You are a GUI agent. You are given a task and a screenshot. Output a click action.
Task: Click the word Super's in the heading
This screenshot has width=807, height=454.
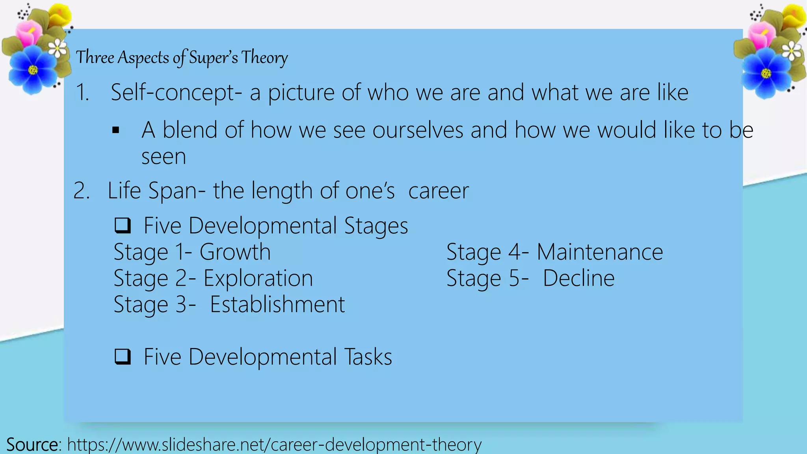(x=213, y=58)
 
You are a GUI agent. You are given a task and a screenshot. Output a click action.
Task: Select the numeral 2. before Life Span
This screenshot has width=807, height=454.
(x=82, y=191)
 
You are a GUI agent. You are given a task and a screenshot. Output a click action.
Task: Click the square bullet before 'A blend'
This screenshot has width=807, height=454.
(x=116, y=130)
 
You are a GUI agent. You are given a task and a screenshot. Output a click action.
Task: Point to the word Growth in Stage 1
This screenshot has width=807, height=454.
(x=235, y=252)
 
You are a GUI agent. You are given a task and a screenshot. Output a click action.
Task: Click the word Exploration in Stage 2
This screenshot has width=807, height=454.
(x=258, y=278)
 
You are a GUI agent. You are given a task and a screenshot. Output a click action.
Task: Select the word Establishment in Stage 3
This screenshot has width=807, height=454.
(x=277, y=304)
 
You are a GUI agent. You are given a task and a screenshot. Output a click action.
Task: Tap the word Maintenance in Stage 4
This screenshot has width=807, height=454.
(x=600, y=252)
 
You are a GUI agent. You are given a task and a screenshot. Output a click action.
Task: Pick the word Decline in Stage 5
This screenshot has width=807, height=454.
(x=578, y=278)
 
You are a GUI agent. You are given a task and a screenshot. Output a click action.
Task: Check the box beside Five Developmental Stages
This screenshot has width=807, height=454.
(x=123, y=225)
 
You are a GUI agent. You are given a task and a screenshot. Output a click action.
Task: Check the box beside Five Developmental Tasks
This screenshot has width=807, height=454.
(x=123, y=357)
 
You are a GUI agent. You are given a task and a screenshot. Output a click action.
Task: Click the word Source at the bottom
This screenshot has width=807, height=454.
(x=32, y=445)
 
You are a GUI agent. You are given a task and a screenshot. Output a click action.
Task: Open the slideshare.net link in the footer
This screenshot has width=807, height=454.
(x=274, y=445)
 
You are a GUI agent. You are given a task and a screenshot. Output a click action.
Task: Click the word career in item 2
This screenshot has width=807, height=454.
(x=438, y=191)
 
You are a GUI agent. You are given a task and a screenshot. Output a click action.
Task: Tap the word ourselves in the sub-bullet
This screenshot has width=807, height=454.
(x=418, y=130)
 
